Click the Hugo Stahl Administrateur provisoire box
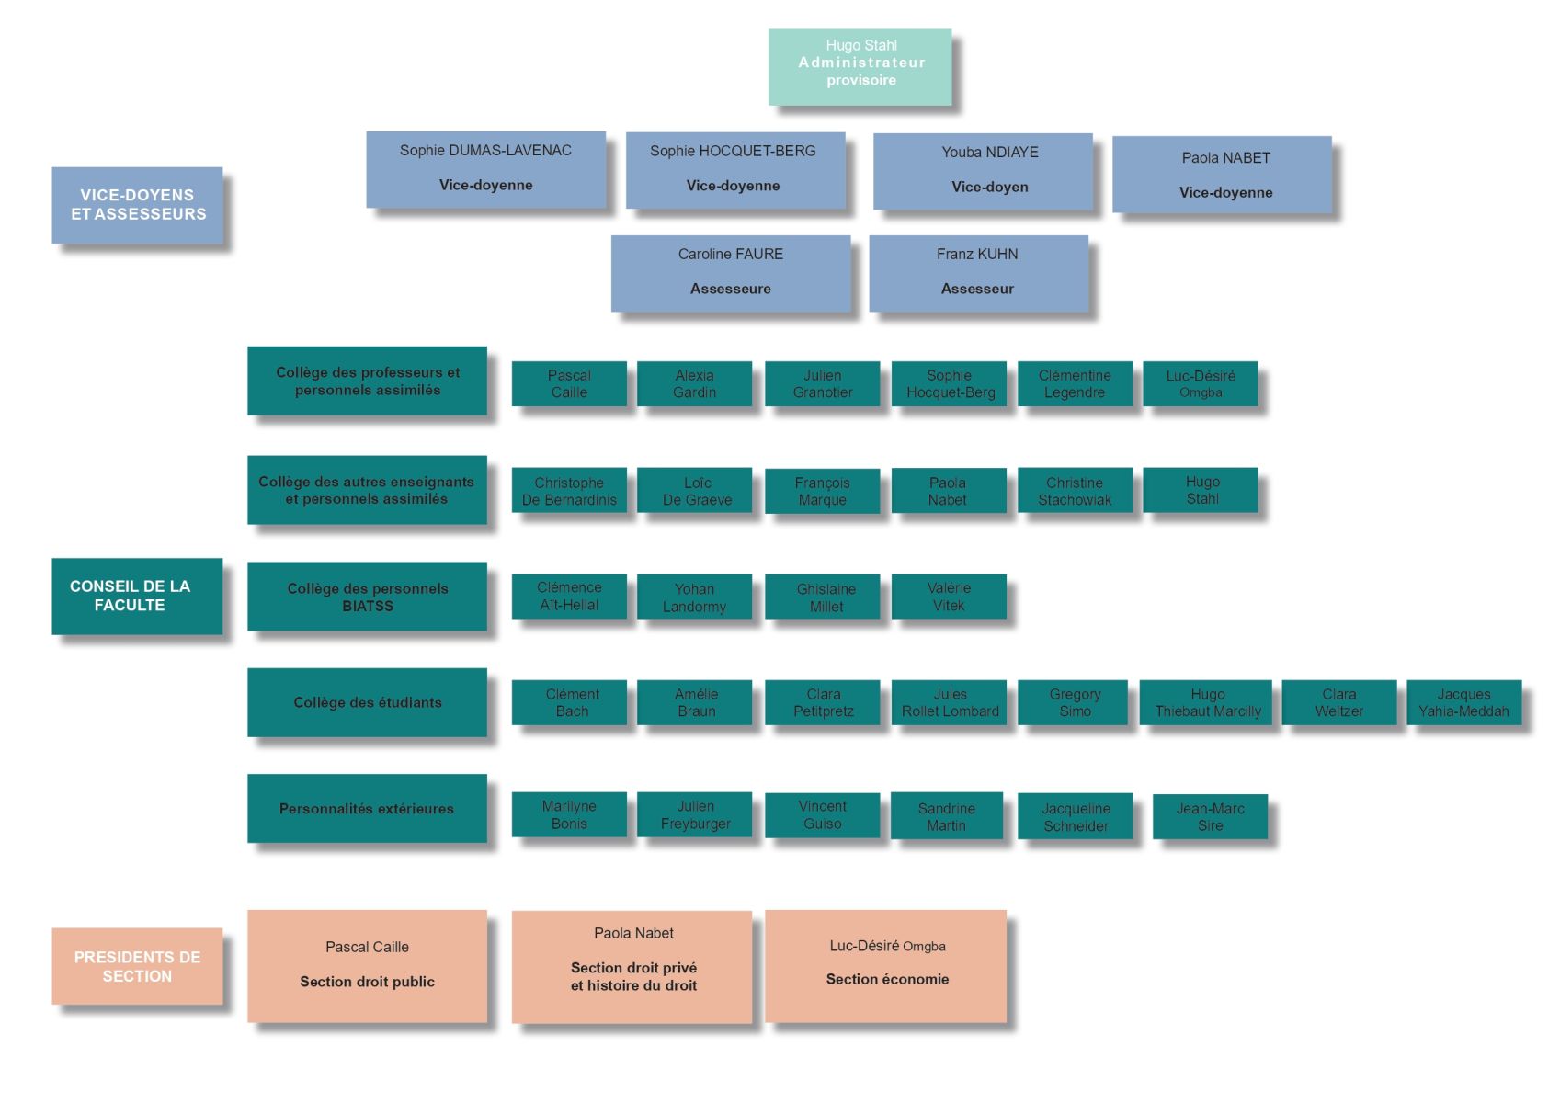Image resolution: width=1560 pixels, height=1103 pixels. (x=860, y=66)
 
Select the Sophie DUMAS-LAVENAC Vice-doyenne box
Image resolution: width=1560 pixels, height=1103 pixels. (x=485, y=169)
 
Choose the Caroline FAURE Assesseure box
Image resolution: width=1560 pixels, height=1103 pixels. (x=731, y=273)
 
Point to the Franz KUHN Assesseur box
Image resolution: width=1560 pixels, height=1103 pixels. (x=978, y=273)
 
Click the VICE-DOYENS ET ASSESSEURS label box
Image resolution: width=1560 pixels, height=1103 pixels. (x=137, y=205)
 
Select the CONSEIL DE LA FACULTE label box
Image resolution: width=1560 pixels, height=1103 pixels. (x=137, y=596)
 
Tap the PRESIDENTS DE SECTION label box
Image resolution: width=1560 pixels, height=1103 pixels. (x=137, y=966)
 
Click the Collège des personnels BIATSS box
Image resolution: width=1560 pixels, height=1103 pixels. (x=367, y=597)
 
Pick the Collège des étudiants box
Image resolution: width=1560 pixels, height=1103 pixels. (x=367, y=702)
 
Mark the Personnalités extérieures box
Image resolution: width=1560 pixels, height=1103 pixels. (x=367, y=809)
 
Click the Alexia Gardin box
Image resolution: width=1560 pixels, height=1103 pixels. (x=694, y=383)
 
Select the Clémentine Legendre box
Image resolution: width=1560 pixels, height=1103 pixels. (x=1075, y=383)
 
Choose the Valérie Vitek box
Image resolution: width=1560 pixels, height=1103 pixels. (x=949, y=597)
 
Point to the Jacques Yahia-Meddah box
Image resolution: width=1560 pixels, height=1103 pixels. (x=1463, y=703)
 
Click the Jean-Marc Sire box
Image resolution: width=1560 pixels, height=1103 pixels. (x=1210, y=816)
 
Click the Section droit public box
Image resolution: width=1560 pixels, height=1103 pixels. (x=367, y=966)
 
